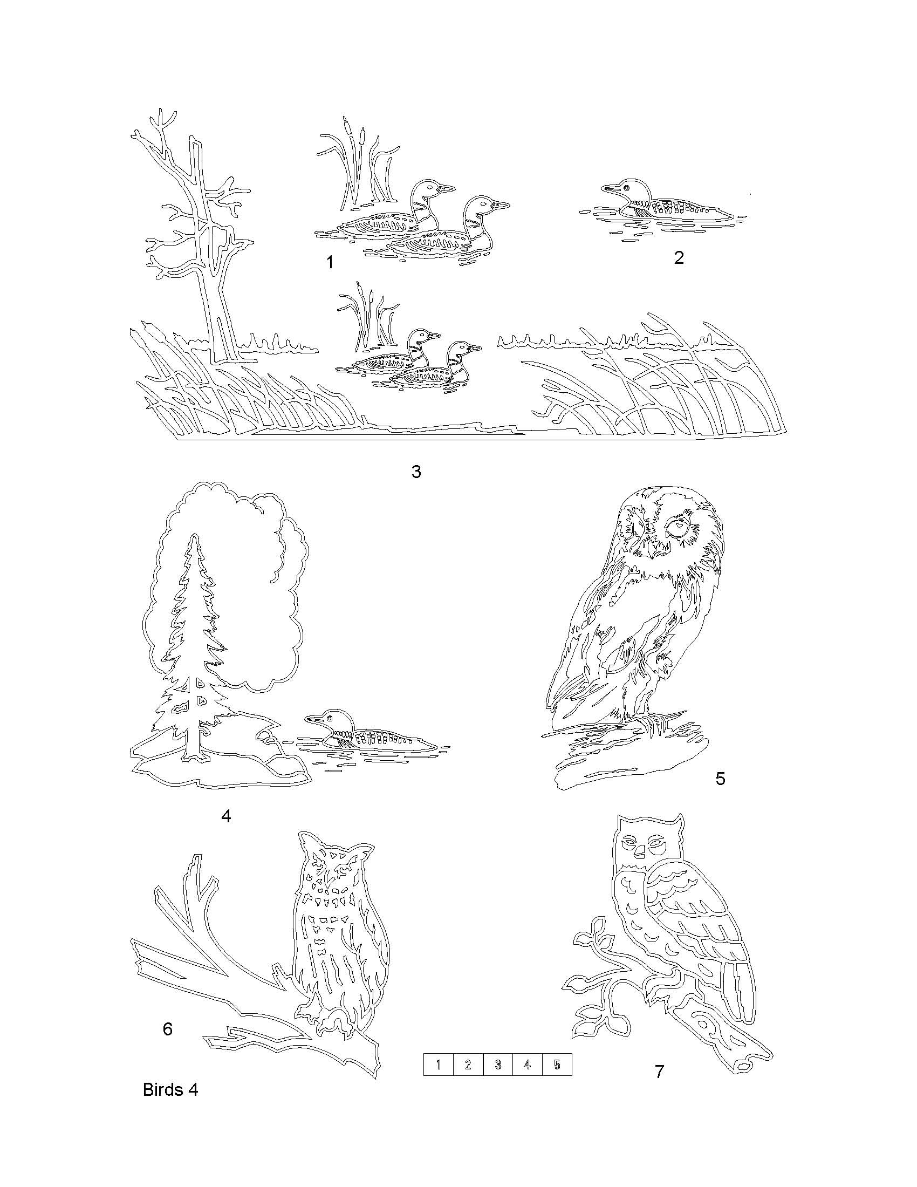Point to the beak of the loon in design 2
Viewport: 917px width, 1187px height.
611,189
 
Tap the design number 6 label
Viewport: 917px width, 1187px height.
167,1028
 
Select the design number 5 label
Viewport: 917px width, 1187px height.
720,778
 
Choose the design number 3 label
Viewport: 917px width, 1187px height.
416,471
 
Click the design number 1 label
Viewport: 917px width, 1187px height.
330,262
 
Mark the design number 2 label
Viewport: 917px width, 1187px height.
679,257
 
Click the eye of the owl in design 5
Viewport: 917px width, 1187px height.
678,527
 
